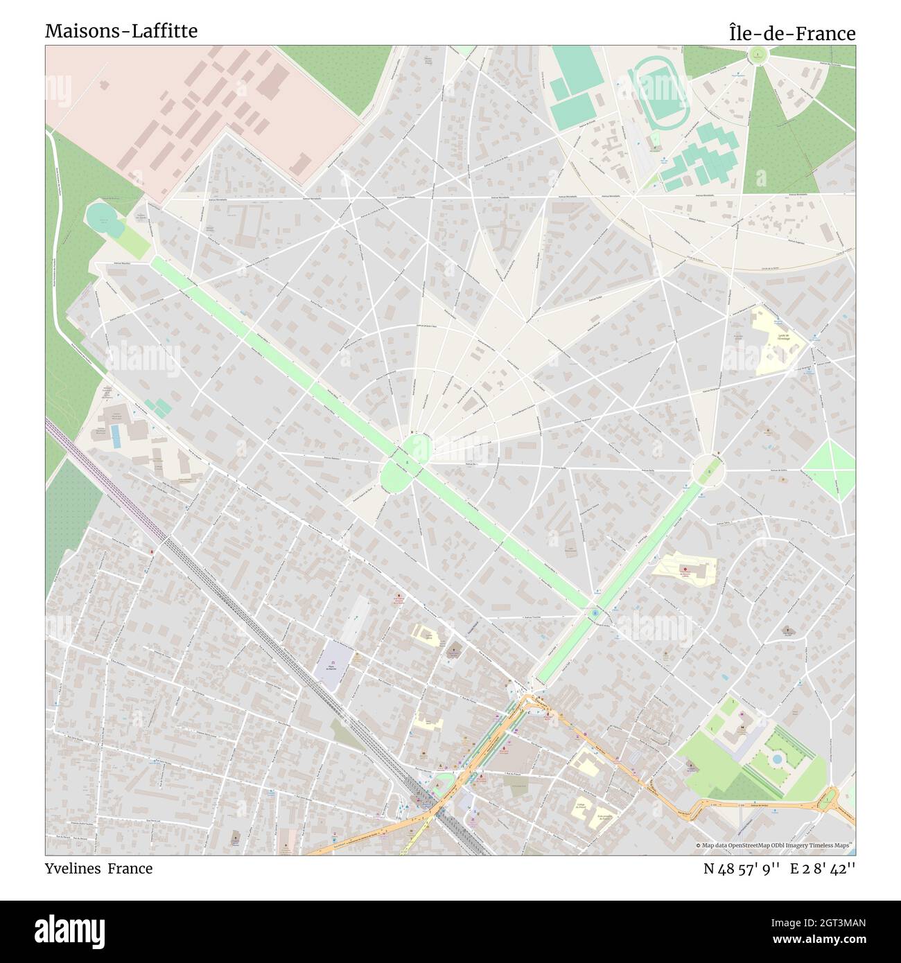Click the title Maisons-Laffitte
tap(121, 31)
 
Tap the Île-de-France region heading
tap(791, 33)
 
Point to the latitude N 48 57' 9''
tap(742, 868)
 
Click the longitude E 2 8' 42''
tap(823, 868)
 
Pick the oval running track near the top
tap(661, 88)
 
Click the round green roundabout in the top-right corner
tap(758, 54)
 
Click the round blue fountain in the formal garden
tap(776, 759)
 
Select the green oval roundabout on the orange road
tap(827, 802)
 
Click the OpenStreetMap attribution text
tap(775, 845)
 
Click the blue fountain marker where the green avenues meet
tap(595, 613)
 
